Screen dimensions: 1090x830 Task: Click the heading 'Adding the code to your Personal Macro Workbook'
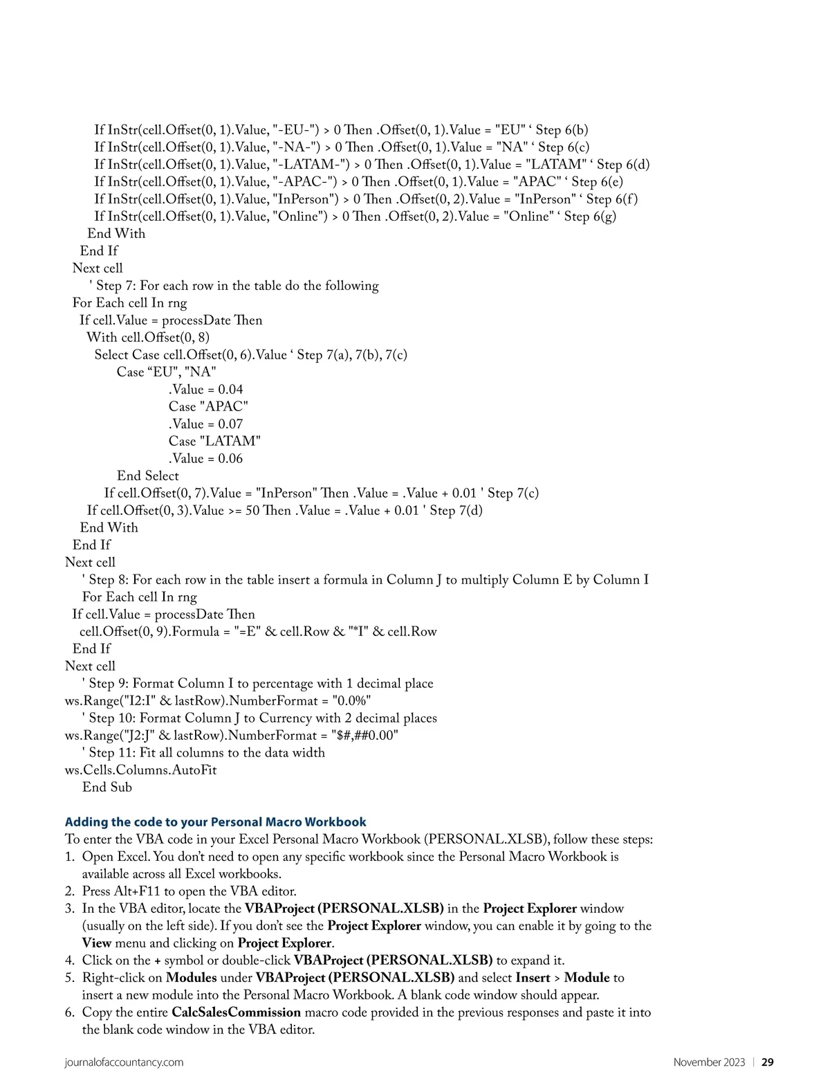(x=215, y=821)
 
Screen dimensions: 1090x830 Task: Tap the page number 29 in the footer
(x=767, y=1062)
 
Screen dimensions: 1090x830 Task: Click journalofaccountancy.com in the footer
(x=124, y=1062)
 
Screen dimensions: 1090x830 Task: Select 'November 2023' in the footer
(x=709, y=1062)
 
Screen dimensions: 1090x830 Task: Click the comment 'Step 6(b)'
(x=562, y=130)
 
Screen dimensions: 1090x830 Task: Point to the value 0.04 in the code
(x=230, y=389)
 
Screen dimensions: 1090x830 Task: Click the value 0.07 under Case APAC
(x=230, y=424)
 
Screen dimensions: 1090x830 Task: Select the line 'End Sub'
(x=107, y=787)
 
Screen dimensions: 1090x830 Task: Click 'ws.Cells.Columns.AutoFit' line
(x=140, y=770)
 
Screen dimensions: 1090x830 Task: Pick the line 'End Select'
(x=147, y=475)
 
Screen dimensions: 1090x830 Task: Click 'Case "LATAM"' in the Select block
(x=214, y=441)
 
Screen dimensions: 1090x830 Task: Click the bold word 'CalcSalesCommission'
(x=236, y=1012)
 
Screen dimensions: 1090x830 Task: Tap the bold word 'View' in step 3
(x=96, y=943)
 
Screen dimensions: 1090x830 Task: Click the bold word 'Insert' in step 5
(x=533, y=977)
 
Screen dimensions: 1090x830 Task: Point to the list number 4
(x=69, y=960)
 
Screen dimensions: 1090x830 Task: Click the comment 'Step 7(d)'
(x=456, y=511)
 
